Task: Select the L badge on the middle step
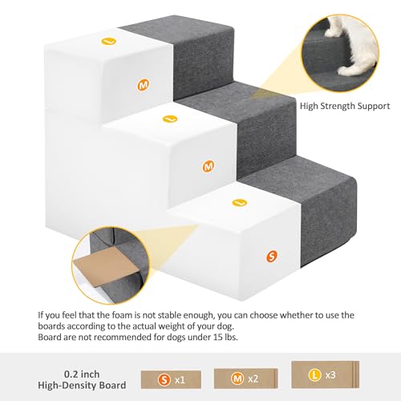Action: click(x=169, y=119)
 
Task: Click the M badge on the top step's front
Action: click(x=144, y=84)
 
